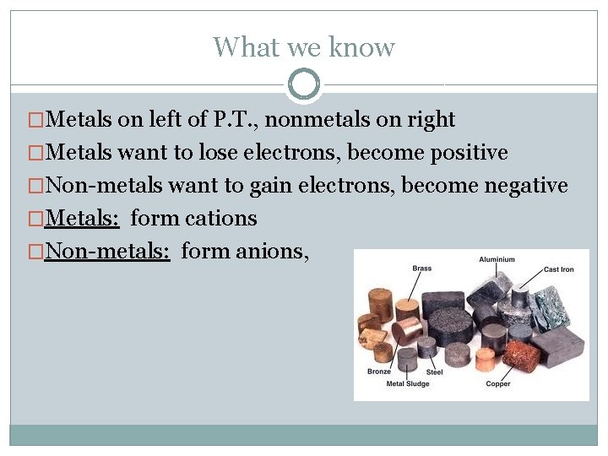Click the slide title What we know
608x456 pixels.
click(x=303, y=46)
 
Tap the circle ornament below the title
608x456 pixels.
click(x=304, y=84)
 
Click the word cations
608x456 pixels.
click(x=219, y=218)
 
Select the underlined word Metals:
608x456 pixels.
click(x=84, y=218)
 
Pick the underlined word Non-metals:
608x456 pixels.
click(x=108, y=251)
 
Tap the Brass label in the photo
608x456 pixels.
click(x=421, y=269)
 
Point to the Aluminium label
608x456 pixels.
click(x=497, y=259)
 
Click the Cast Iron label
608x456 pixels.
click(x=559, y=269)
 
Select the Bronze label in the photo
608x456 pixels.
click(x=379, y=372)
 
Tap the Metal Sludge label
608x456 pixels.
click(x=408, y=384)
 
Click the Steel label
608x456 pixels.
click(x=434, y=372)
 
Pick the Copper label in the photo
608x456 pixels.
click(x=498, y=384)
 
